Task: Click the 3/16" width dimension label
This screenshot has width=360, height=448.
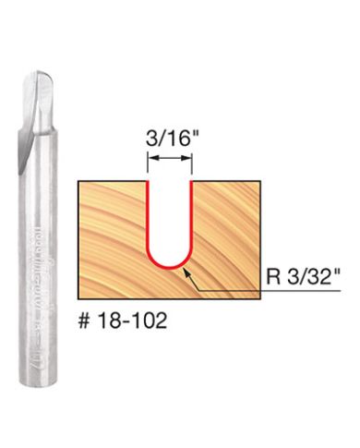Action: click(168, 141)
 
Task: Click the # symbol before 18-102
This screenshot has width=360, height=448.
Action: click(84, 324)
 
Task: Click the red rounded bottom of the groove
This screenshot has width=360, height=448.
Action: click(169, 265)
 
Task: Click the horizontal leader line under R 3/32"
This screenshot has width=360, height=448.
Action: click(277, 292)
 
